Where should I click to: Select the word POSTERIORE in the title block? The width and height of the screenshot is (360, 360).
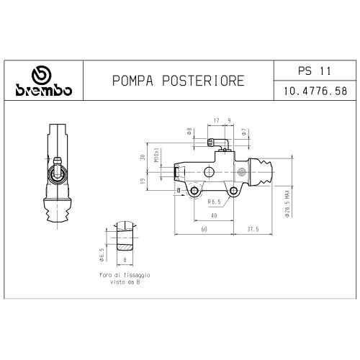coord(199,81)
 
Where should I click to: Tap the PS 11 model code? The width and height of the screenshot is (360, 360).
coord(314,71)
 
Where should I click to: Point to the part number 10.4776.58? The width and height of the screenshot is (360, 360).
coord(314,92)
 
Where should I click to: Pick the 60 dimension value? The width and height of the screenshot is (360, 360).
coord(205,229)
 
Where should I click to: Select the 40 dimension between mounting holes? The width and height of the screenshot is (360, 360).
coord(214,215)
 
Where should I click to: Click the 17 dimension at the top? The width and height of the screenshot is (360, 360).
coord(216,120)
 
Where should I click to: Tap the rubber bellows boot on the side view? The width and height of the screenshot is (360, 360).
coord(57,217)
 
